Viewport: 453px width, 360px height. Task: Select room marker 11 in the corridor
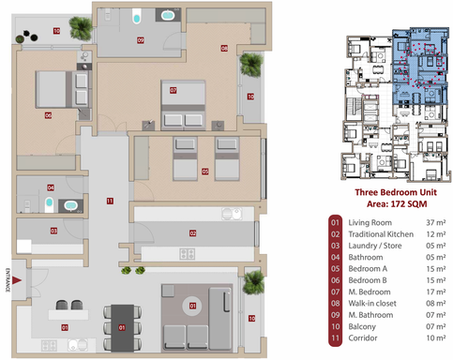coord(110,201)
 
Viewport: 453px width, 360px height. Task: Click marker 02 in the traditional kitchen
coord(192,232)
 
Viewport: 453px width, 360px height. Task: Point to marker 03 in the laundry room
coord(53,231)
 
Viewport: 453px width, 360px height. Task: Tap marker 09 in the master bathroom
coord(140,40)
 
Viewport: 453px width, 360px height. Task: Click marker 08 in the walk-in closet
coord(224,47)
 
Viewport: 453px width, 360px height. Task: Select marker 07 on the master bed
coord(174,91)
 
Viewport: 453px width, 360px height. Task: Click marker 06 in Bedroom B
coord(47,115)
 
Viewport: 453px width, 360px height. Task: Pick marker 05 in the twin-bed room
coord(204,172)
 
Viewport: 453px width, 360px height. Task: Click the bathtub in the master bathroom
coord(169,16)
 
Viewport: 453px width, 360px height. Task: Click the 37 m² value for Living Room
coord(434,223)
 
